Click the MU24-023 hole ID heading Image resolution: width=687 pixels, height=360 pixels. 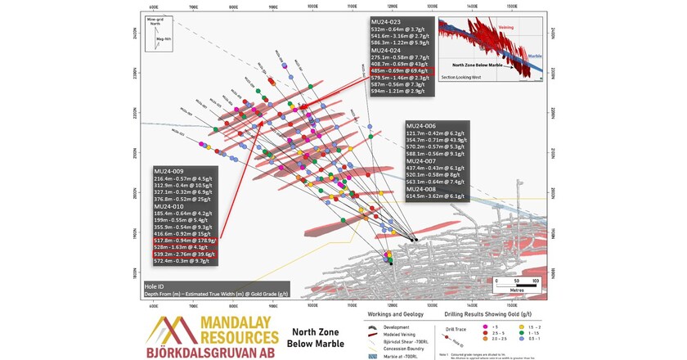click(386, 21)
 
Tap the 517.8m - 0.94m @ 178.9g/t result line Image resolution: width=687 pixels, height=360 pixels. click(185, 240)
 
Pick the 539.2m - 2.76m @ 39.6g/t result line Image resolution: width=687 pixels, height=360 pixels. click(186, 254)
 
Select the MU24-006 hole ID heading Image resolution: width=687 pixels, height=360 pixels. click(421, 125)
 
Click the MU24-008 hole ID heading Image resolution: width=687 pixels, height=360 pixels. click(421, 189)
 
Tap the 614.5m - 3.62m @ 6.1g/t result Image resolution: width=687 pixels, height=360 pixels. click(437, 196)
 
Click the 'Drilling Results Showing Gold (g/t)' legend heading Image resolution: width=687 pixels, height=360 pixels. click(483, 314)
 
